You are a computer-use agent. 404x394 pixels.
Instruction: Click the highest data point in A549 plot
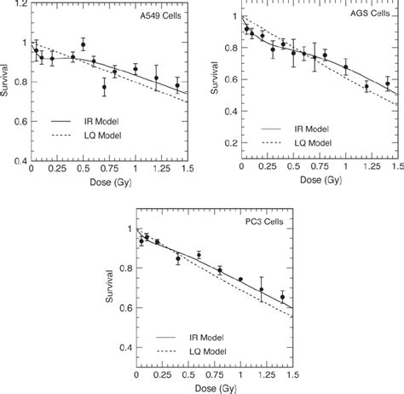pos(83,45)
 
